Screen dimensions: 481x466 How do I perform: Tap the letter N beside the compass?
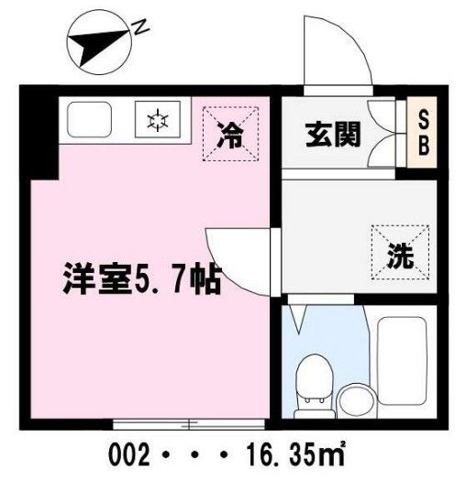[141, 27]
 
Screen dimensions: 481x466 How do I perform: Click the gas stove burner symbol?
[157, 120]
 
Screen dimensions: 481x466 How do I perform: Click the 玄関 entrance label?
[333, 134]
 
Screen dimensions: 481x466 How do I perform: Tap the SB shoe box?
[425, 133]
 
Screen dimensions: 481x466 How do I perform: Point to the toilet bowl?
[313, 381]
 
